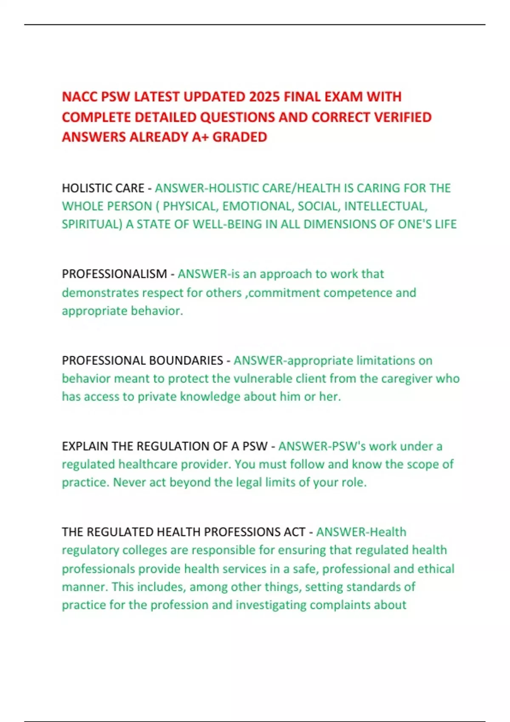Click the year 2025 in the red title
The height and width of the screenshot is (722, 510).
pos(264,97)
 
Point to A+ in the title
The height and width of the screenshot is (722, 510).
pos(199,137)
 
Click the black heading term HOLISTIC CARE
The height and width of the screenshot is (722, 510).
pos(103,188)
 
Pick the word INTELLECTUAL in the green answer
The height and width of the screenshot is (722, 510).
pos(384,206)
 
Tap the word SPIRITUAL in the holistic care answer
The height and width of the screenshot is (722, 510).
pos(91,224)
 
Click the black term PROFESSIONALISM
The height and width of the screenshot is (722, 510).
pos(114,274)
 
